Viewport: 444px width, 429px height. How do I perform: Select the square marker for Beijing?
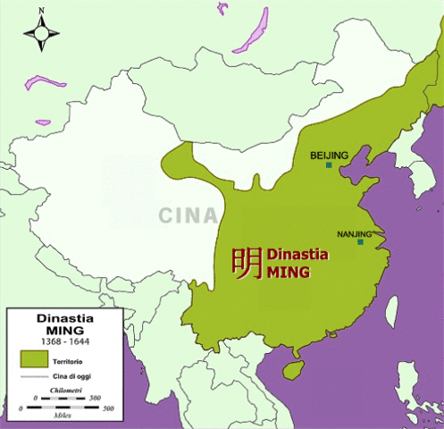click(x=330, y=165)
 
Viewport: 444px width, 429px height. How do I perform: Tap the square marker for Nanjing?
click(x=360, y=242)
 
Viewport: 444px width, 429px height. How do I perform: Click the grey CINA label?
click(x=188, y=215)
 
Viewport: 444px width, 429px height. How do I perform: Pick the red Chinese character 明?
click(x=247, y=263)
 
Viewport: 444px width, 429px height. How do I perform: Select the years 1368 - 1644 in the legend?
click(x=66, y=343)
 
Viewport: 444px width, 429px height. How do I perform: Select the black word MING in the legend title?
click(x=66, y=330)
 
